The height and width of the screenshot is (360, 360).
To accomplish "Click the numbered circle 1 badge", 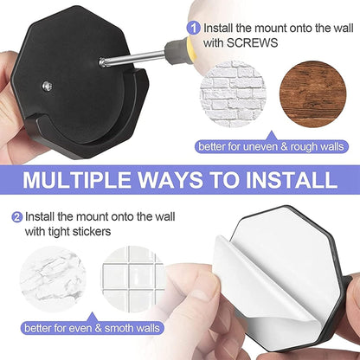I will [x=196, y=28].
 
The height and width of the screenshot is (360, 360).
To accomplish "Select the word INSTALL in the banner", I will [x=291, y=180].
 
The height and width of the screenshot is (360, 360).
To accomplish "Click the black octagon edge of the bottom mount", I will [x=333, y=260].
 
